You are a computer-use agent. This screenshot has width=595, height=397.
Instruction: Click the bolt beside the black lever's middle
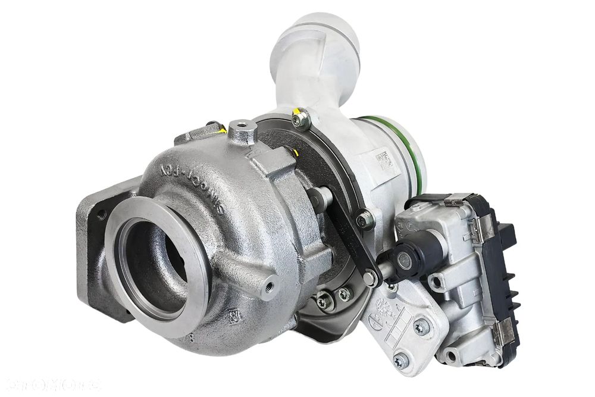point(364,221)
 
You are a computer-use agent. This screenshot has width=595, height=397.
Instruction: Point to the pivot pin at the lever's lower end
point(370,277)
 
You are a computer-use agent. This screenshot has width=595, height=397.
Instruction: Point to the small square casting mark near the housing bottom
point(234,313)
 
